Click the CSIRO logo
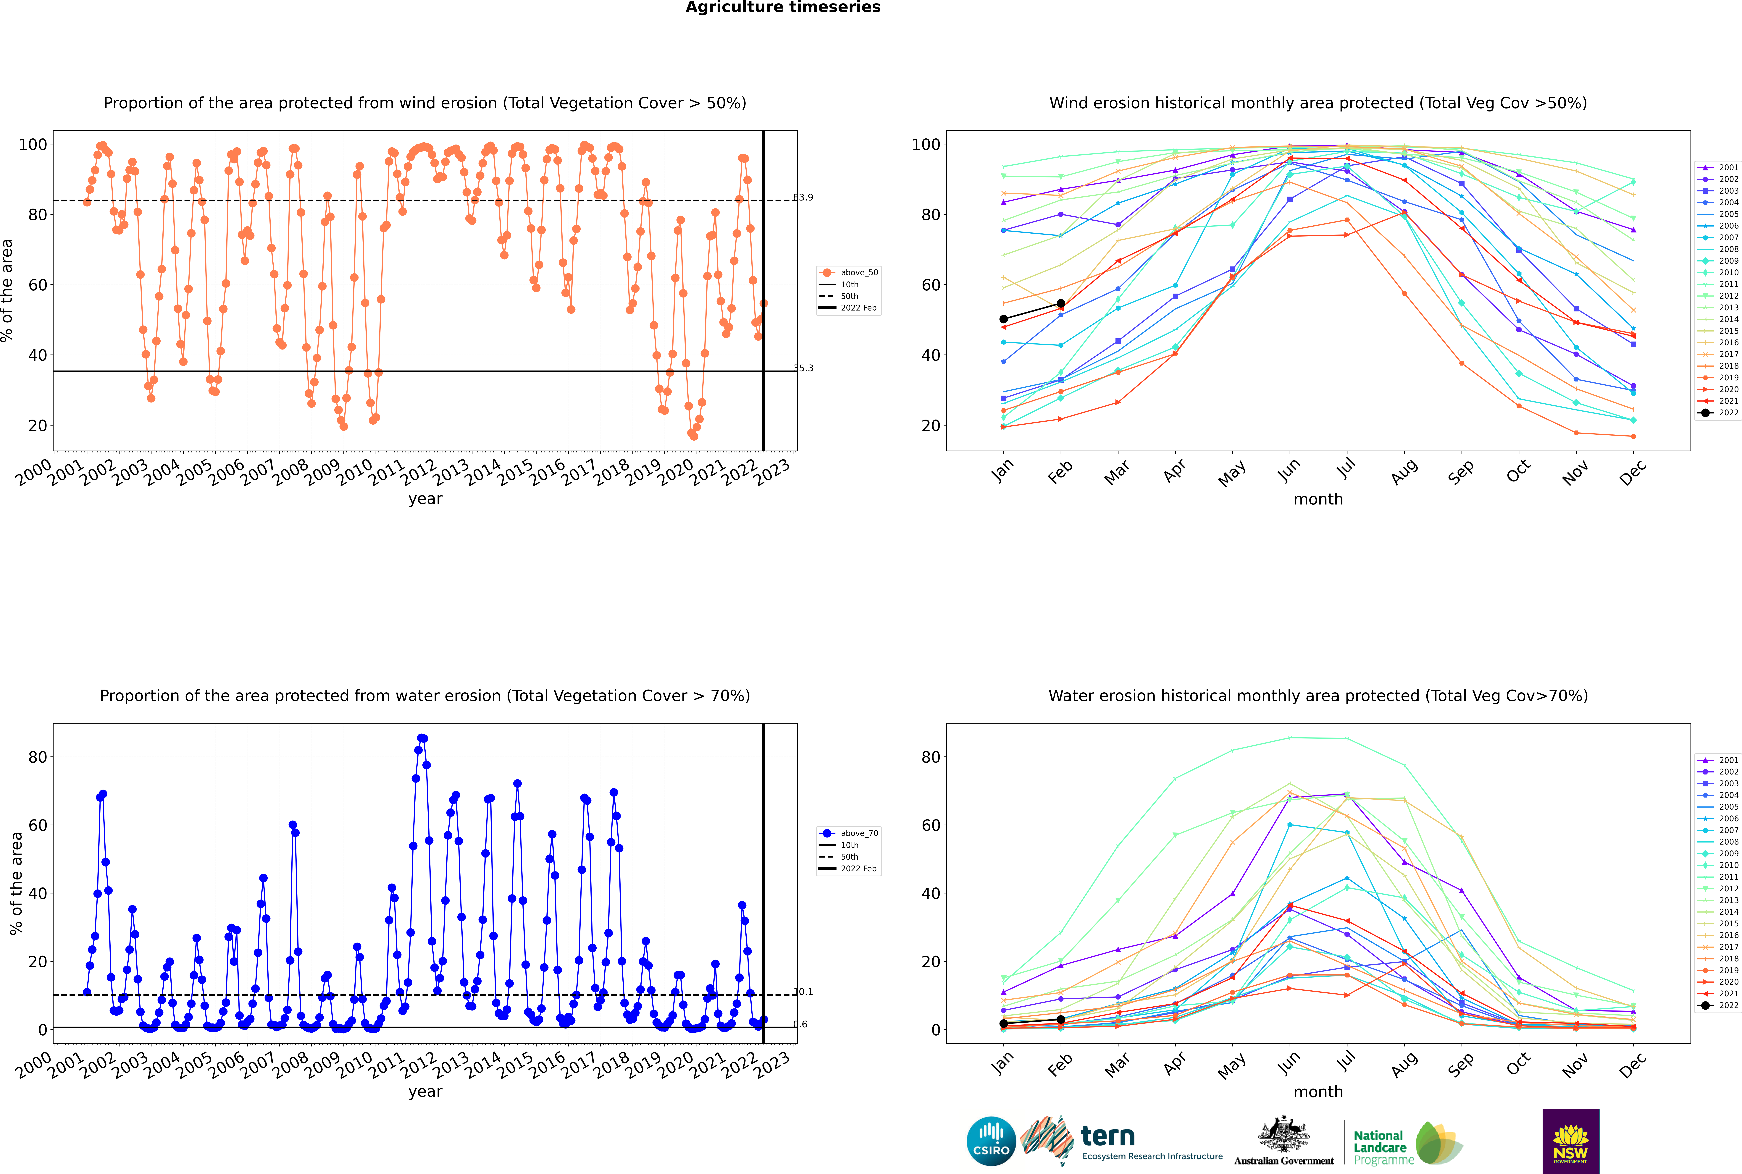(x=991, y=1141)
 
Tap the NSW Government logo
(x=1570, y=1140)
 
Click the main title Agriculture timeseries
(x=783, y=7)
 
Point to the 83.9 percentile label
(x=803, y=198)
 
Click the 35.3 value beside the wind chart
(x=803, y=368)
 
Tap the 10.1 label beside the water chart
(x=803, y=992)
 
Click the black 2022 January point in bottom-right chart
(x=1004, y=1023)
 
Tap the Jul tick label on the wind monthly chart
(x=1346, y=469)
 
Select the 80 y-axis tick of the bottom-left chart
(x=37, y=757)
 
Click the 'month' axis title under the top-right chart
(x=1318, y=499)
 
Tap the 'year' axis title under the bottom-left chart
(x=425, y=1092)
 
